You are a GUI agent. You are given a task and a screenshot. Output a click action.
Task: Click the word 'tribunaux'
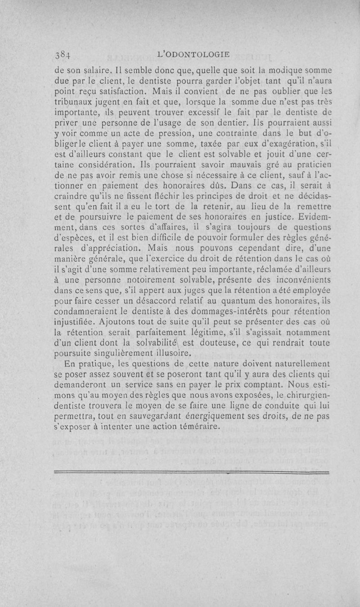tap(73, 102)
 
